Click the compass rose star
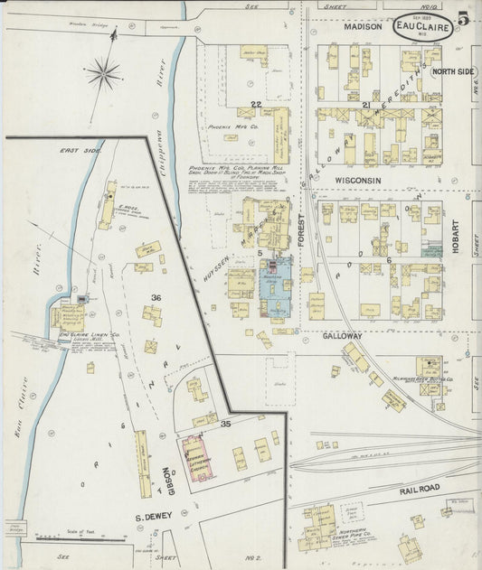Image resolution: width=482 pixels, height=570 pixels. coord(103,72)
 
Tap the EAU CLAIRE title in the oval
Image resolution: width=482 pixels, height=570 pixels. coord(422,27)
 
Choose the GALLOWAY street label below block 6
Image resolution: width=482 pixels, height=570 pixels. coord(343,335)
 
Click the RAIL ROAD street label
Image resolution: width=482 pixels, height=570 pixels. coord(419,488)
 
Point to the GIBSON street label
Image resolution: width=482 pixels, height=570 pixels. coord(168,481)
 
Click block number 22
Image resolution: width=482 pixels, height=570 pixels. coord(256,105)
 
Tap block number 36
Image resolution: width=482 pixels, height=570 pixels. coord(156,297)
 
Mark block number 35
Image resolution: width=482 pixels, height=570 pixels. coord(226,423)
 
